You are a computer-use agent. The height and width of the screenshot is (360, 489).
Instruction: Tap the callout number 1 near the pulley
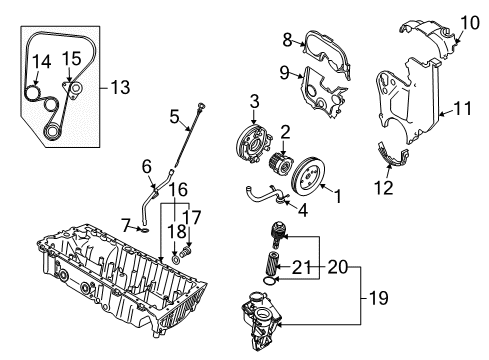point(336,197)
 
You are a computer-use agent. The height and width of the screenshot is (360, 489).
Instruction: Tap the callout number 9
point(284,71)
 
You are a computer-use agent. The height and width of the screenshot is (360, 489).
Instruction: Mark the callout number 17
point(193,215)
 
